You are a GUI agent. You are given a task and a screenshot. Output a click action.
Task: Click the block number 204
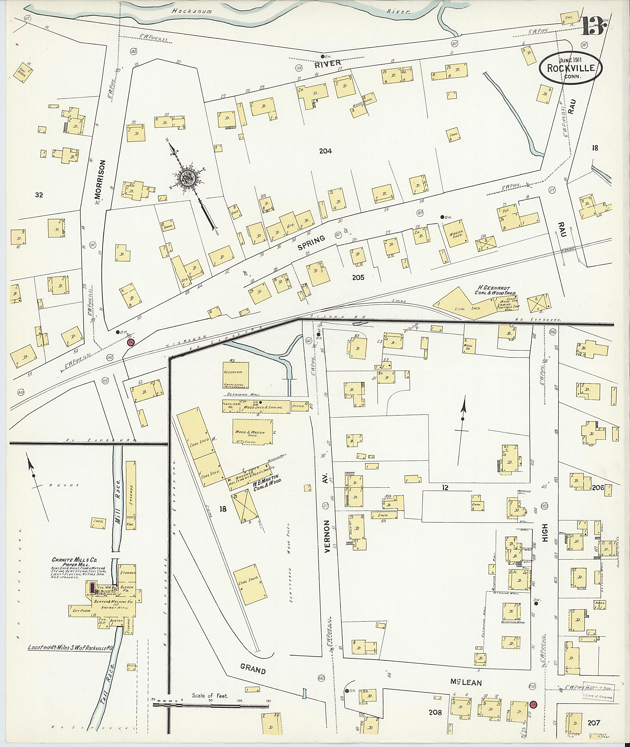point(325,151)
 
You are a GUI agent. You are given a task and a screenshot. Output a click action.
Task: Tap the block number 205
point(358,277)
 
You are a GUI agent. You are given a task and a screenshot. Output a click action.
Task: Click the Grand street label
point(253,669)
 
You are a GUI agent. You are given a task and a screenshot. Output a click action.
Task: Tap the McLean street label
point(466,682)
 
